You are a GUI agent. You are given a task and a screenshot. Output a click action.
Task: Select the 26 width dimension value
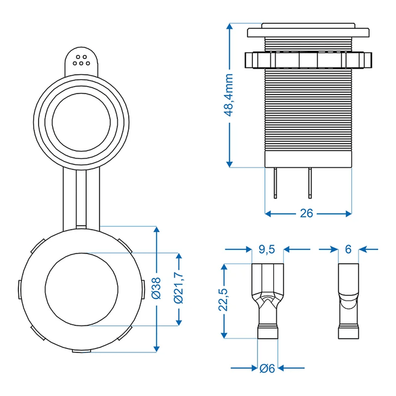coord(307,213)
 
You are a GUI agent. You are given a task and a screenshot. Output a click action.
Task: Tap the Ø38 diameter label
coord(157,289)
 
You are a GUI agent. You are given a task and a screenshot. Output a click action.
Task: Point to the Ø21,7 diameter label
coord(179,289)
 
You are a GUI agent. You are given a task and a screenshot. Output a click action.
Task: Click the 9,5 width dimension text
coord(267,249)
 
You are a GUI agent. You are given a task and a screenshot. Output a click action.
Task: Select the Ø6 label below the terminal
coord(267,368)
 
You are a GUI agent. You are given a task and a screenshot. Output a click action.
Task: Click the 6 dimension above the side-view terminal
coord(348,249)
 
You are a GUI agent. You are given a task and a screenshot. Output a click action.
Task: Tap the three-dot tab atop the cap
coord(81,60)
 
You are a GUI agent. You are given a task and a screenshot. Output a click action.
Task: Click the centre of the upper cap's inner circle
coord(81,118)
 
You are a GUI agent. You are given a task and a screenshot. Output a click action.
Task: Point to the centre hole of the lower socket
coord(81,289)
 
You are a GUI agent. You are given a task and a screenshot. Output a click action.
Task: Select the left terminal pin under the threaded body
coord(276,182)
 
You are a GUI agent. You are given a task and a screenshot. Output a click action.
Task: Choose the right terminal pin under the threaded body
coord(310,182)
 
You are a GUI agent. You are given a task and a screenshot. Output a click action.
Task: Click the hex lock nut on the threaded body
coord(308,60)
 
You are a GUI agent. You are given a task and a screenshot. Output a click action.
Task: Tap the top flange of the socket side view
coord(308,31)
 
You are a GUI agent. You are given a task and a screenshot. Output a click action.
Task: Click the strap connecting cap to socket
coord(81,196)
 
